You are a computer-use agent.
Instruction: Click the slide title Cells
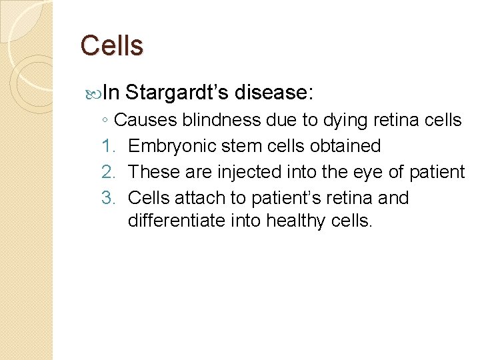(x=111, y=46)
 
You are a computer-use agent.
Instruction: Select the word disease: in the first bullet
(x=273, y=93)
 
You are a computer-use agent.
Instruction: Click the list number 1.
(x=109, y=146)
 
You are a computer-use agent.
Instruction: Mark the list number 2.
(x=109, y=172)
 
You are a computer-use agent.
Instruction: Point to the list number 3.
(x=109, y=198)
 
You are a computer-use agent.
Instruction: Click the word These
(x=151, y=172)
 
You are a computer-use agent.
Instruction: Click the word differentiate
(x=175, y=220)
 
